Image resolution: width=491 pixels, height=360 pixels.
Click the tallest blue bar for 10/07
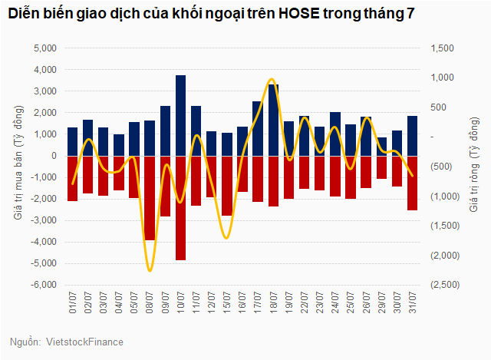180,115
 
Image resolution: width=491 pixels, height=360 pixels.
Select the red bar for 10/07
180,207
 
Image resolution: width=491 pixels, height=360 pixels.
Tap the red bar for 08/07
150,198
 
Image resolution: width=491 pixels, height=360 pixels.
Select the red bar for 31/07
412,183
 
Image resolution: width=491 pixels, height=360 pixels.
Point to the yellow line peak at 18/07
272,79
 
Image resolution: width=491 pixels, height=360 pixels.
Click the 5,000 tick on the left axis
47,48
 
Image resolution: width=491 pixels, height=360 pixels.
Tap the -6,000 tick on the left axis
44,285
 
